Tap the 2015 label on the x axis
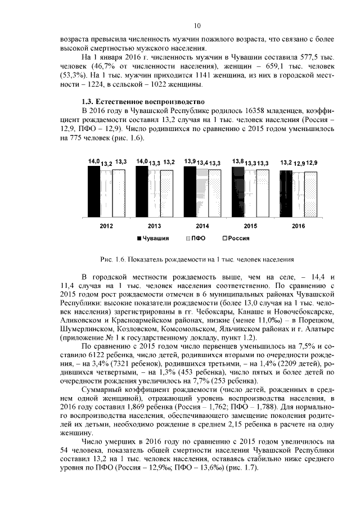pos(250,226)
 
